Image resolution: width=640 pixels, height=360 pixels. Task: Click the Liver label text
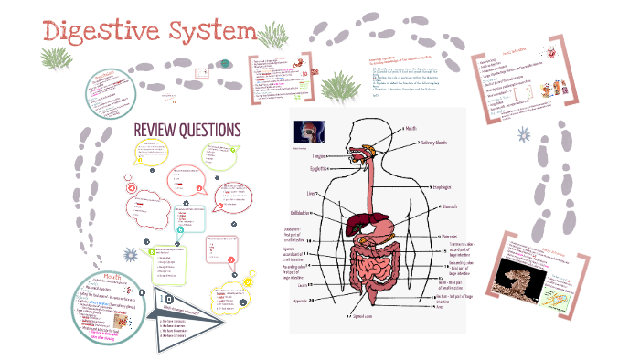coord(312,194)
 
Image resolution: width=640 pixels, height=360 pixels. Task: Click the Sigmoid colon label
coord(366,315)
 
